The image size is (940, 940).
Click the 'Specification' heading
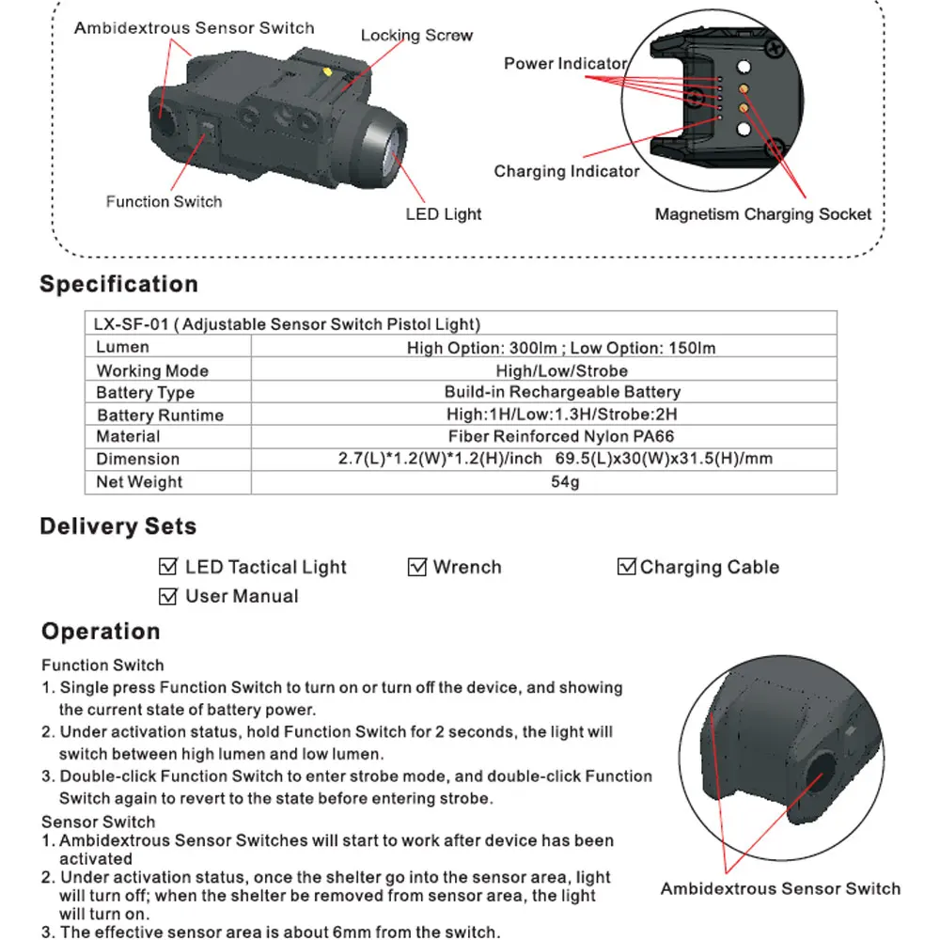point(118,284)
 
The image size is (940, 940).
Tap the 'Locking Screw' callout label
point(416,36)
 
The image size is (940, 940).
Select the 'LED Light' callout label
point(443,214)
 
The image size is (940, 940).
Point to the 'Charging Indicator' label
point(566,171)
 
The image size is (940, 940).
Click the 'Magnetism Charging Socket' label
point(762,214)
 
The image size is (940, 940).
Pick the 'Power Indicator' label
point(565,64)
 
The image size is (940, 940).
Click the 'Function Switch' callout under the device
point(164,201)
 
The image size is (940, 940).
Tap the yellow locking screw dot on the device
point(325,70)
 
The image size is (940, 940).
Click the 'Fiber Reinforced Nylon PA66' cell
point(561,436)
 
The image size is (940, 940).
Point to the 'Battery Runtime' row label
point(160,415)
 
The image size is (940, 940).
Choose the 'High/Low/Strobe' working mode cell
point(561,370)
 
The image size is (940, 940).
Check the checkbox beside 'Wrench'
point(417,567)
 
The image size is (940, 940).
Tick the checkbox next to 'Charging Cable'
point(626,567)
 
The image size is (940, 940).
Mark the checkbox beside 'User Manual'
point(169,596)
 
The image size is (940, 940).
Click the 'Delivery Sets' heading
point(117,526)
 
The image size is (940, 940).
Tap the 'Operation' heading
point(101,631)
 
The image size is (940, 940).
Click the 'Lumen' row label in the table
point(122,348)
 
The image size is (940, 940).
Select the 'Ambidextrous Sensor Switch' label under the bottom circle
point(780,888)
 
